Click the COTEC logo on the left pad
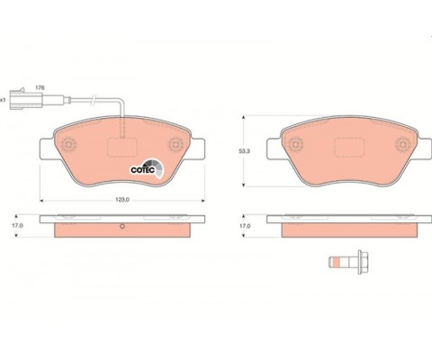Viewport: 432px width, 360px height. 147,169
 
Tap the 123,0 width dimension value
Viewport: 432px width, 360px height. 122,200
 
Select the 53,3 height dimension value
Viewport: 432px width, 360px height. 244,151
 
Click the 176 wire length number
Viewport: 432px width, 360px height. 40,88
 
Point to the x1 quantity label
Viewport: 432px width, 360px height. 3,100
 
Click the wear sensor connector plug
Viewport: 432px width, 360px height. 26,99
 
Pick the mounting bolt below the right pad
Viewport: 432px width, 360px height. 348,262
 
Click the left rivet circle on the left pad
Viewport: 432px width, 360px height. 69,145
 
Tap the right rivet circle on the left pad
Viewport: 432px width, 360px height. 175,145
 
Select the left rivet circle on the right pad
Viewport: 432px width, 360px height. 296,145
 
